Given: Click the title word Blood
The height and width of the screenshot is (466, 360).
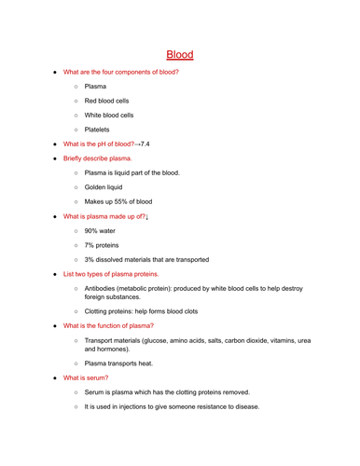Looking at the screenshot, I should pos(179,54).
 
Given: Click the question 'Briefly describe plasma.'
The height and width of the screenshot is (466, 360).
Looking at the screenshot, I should pos(97,158).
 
